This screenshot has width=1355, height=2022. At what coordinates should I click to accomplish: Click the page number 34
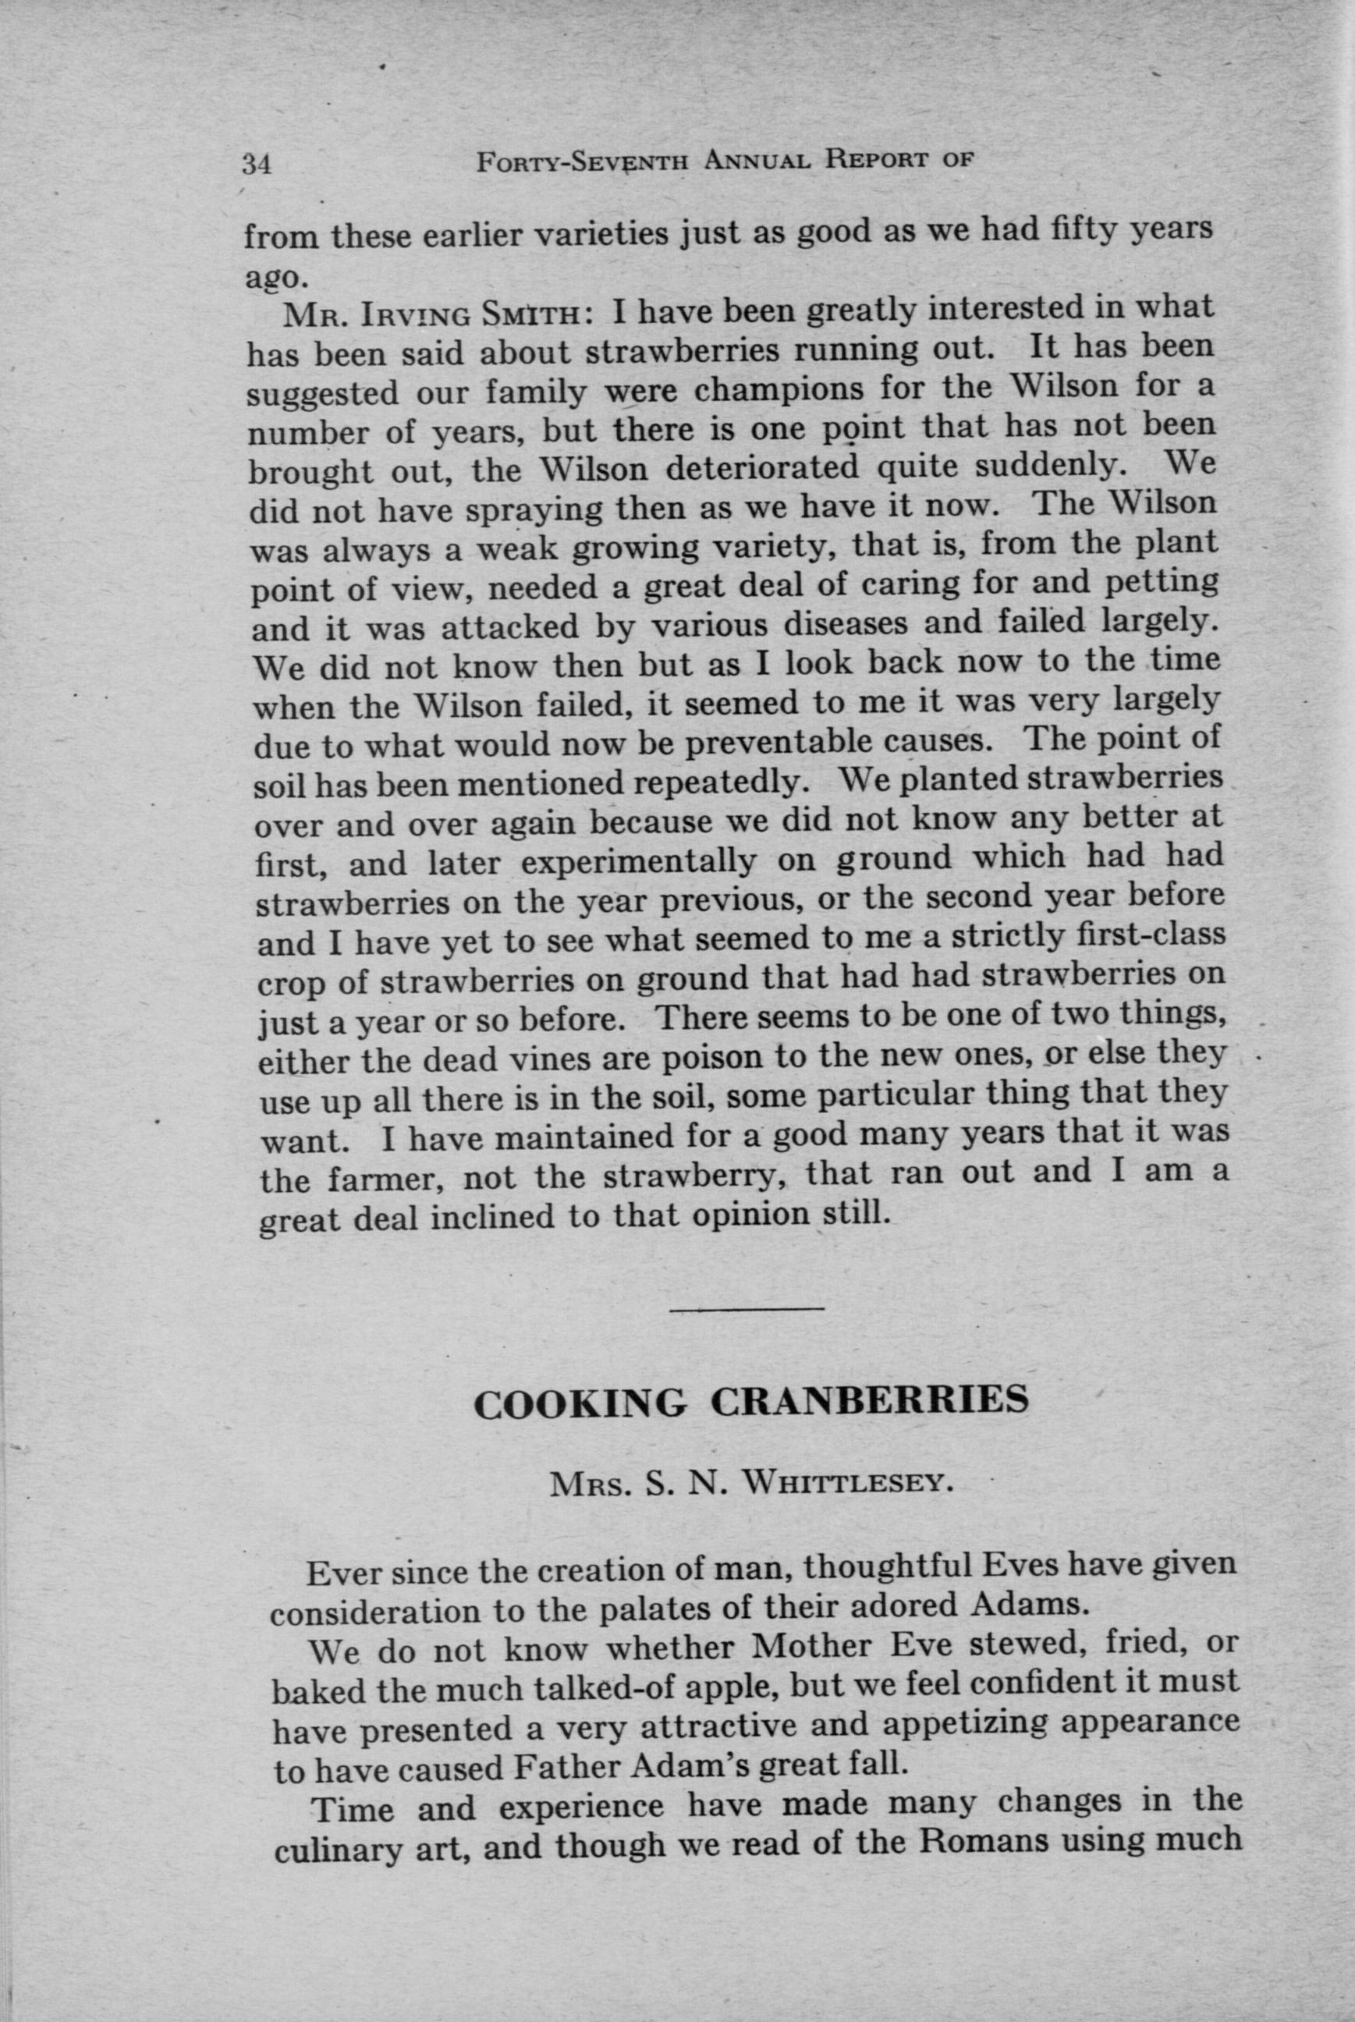(257, 163)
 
